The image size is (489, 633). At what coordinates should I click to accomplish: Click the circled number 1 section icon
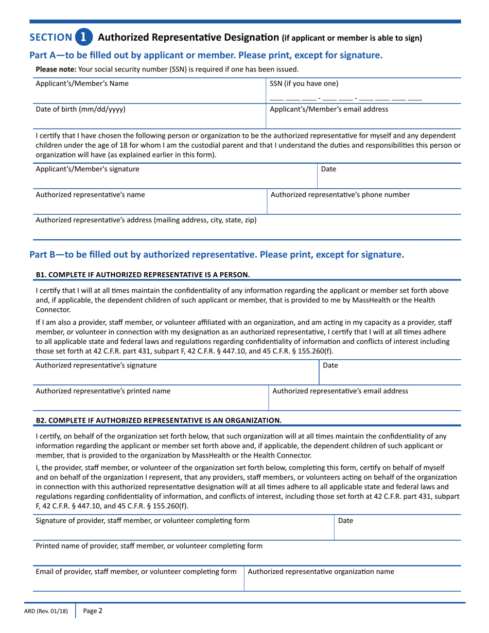pos(84,37)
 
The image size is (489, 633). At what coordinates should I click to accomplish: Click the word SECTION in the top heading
pos(50,37)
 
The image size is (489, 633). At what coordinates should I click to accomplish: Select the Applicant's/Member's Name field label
pos(82,83)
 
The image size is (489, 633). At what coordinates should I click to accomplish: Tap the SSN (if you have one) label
pos(304,83)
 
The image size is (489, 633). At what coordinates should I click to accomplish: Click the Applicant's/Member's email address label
pos(329,109)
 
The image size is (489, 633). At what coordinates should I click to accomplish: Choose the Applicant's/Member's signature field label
pos(87,168)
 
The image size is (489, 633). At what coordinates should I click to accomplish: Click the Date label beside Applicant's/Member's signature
pos(328,168)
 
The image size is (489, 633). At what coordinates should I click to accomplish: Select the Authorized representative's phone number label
pos(340,195)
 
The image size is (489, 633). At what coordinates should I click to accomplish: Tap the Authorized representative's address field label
pos(146,220)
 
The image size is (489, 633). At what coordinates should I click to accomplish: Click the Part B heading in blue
pos(217,254)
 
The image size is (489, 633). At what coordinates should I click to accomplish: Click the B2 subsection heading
pos(158,420)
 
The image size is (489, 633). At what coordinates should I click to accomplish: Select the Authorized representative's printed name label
pos(103,391)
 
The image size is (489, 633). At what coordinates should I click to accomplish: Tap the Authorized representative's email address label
pos(340,391)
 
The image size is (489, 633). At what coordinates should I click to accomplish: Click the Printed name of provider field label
pos(149,546)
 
